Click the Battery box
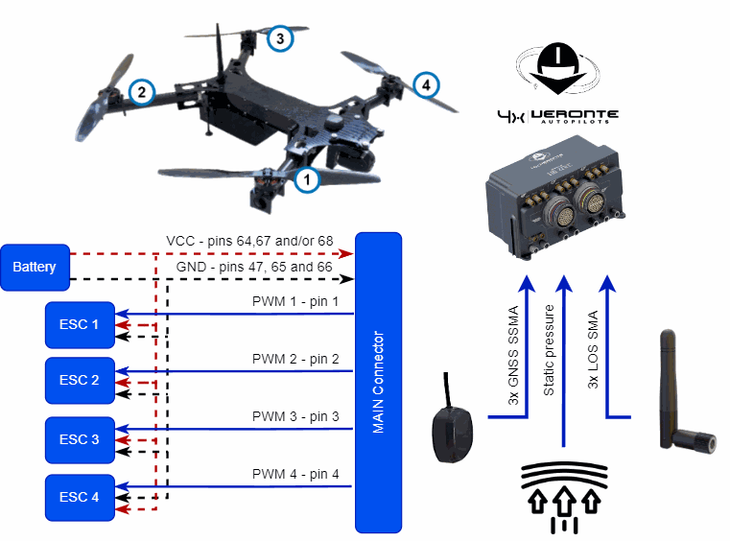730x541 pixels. pos(35,268)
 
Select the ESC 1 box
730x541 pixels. pos(80,324)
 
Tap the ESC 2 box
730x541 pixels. pos(80,380)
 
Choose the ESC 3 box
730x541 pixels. pos(80,439)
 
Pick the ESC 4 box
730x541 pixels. pos(80,497)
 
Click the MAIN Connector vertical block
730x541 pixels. pos(379,382)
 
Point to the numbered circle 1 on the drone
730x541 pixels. pos(306,178)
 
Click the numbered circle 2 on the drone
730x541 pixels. pos(142,92)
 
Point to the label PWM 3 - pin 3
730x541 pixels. pos(295,417)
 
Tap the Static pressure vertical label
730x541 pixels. pos(550,351)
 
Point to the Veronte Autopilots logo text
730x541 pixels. pos(573,115)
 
